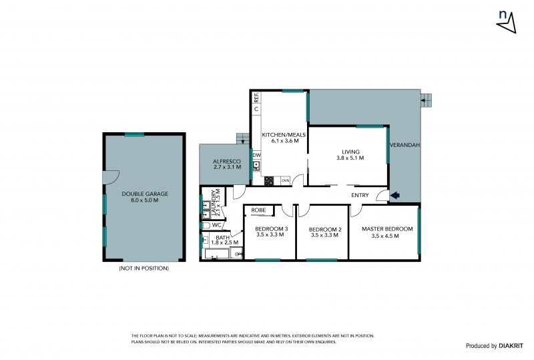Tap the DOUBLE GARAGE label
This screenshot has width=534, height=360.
point(145,194)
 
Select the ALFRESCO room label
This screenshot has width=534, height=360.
point(227,161)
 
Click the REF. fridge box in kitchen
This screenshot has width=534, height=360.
point(256,97)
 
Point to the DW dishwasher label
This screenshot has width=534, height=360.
point(257,155)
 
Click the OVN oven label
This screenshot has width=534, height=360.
point(286,181)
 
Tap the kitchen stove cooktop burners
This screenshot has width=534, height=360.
point(269,181)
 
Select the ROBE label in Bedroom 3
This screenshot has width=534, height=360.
point(258,210)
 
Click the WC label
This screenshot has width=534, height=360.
point(216,225)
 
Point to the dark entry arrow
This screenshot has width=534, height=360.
point(395,195)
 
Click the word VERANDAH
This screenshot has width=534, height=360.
point(405,145)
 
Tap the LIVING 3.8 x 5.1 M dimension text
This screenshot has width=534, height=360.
point(350,158)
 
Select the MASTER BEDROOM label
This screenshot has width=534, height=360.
point(387,229)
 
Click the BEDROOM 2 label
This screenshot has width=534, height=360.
point(325,230)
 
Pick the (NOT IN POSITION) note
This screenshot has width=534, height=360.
point(144,268)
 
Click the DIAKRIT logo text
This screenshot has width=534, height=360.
point(511,346)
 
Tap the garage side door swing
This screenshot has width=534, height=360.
point(111,177)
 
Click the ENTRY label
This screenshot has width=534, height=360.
point(360,195)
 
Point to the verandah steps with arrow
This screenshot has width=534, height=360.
point(426,101)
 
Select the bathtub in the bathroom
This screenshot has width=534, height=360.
point(216,254)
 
